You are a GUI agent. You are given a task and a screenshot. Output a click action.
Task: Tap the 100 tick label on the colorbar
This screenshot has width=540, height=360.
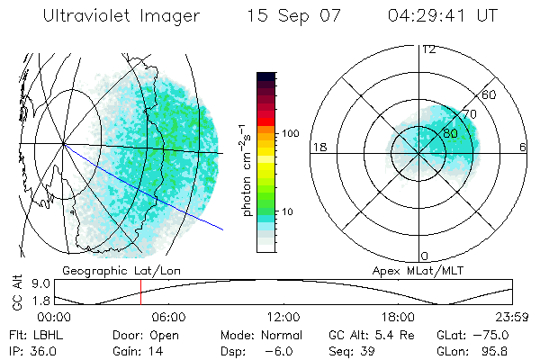pos(290,133)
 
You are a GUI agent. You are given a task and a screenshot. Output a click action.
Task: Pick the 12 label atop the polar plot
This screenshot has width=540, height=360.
pos(428,49)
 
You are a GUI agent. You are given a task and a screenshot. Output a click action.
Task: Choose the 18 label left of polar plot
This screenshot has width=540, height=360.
pos(319,148)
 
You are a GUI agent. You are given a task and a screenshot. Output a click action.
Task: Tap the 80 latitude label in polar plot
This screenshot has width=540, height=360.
pos(450,133)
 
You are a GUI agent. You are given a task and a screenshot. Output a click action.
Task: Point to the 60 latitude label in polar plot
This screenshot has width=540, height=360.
pos(489,94)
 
